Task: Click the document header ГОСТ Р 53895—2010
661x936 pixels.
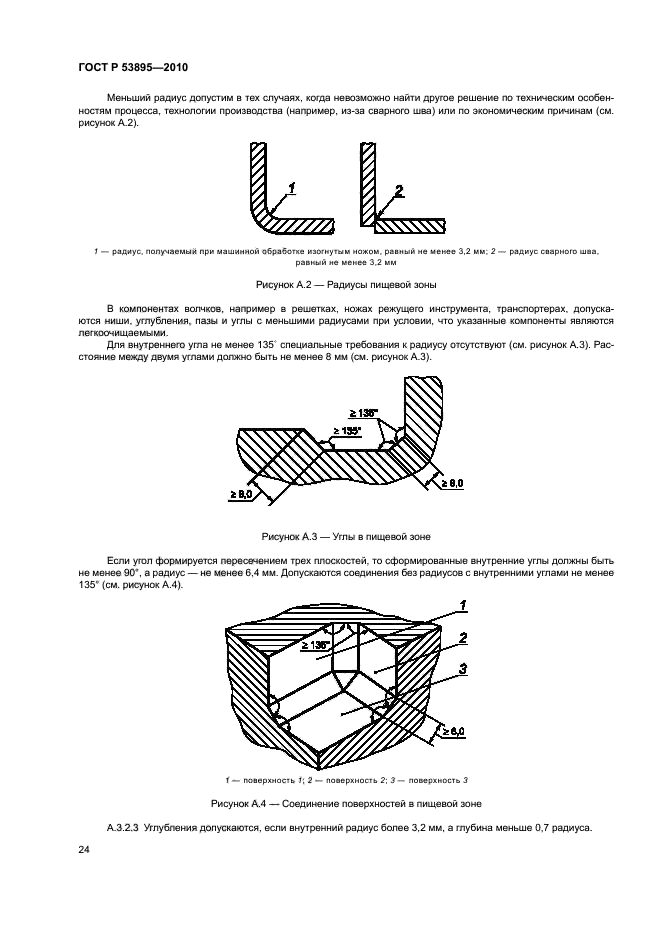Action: click(x=133, y=67)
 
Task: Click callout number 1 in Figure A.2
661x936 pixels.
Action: click(x=291, y=187)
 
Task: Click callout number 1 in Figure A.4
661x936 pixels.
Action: click(x=464, y=604)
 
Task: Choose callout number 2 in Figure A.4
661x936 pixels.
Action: click(x=464, y=637)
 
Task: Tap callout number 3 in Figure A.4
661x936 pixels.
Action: click(x=464, y=669)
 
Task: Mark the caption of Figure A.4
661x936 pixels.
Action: click(x=331, y=803)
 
